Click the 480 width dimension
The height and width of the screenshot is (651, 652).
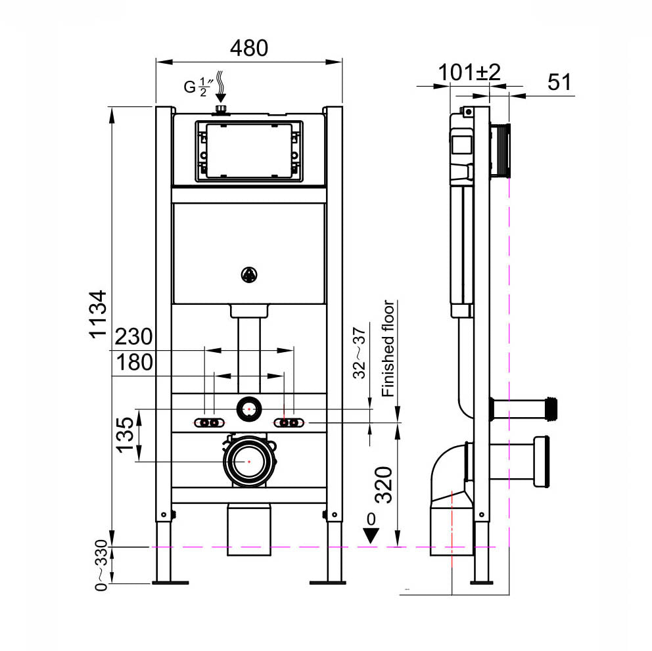pos(248,48)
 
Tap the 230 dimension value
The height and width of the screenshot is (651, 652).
pos(133,338)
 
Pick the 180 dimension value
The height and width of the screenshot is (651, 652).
pos(133,362)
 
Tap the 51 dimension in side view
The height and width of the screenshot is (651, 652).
pos(559,82)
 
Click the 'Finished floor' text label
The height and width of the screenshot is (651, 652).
pos(388,348)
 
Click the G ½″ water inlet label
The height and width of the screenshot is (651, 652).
pos(197,86)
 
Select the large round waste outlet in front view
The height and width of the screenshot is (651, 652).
pos(249,461)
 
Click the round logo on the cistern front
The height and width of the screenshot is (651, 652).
pos(249,275)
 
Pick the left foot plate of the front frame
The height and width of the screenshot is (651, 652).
pos(170,581)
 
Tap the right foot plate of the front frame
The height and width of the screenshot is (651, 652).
pos(328,581)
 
